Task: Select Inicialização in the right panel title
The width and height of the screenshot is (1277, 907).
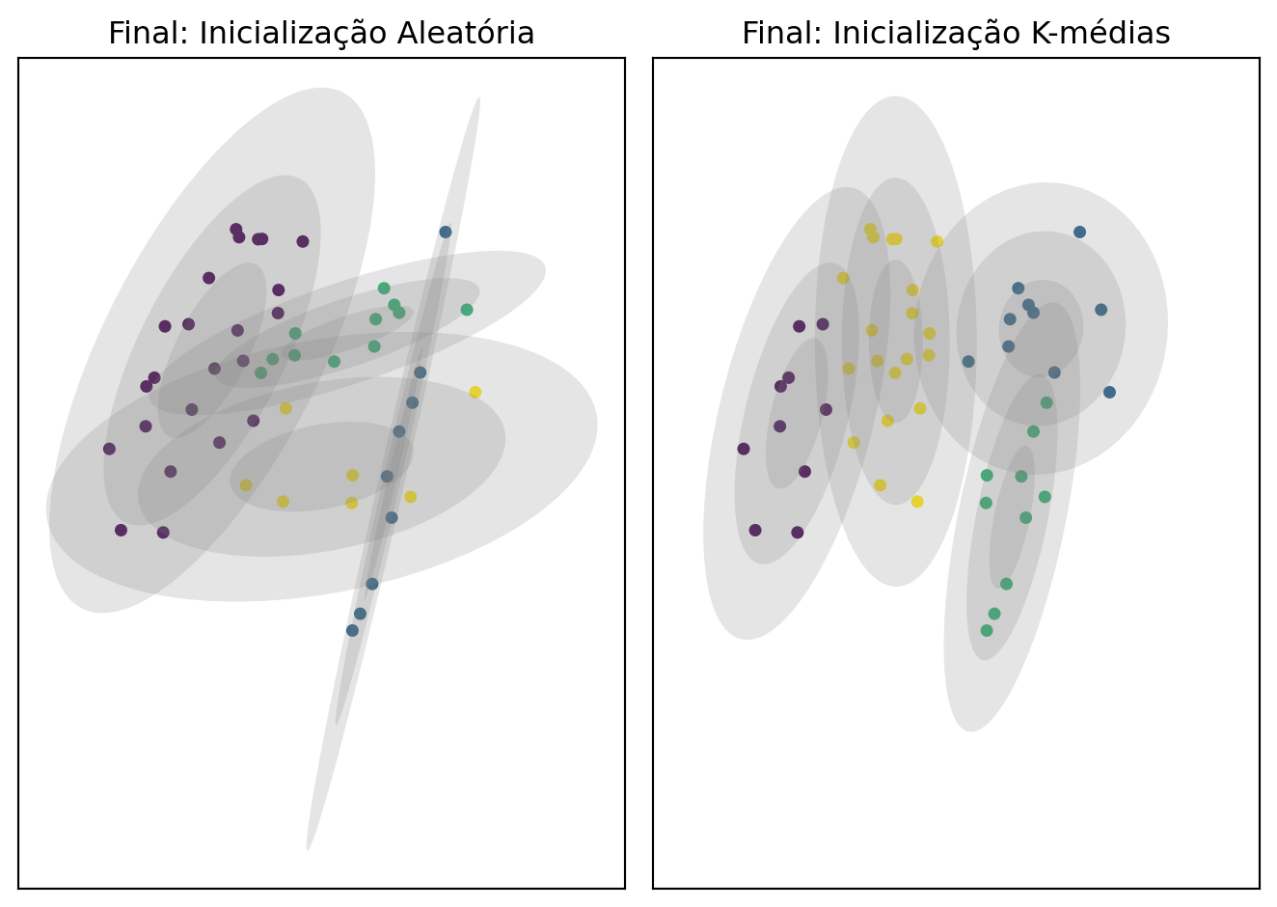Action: tap(919, 34)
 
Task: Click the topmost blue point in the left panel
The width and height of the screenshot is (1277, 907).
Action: tap(446, 232)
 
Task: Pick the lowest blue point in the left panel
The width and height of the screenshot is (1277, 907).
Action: tap(352, 630)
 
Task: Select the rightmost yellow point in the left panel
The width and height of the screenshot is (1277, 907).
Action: tap(475, 392)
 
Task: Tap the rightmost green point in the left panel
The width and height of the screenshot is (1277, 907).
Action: tap(467, 310)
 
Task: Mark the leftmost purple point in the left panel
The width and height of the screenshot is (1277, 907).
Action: tap(109, 449)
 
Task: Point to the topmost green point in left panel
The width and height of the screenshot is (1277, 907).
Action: tap(384, 288)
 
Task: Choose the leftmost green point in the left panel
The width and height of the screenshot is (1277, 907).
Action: tap(260, 372)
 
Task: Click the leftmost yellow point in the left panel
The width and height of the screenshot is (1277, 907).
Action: tap(246, 484)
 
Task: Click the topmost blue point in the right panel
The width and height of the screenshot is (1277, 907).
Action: tap(1079, 232)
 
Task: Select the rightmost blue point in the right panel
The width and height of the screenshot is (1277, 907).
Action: tap(1109, 392)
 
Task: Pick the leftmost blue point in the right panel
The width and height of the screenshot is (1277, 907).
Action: tap(968, 361)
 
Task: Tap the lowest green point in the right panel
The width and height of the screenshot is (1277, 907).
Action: tap(986, 630)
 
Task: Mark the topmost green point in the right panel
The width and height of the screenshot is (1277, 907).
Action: tap(1046, 402)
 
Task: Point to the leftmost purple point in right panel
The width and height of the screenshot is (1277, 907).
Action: tap(743, 449)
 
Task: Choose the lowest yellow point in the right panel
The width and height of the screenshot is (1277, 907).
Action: tap(917, 501)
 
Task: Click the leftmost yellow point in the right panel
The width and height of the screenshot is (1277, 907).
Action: tap(843, 278)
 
